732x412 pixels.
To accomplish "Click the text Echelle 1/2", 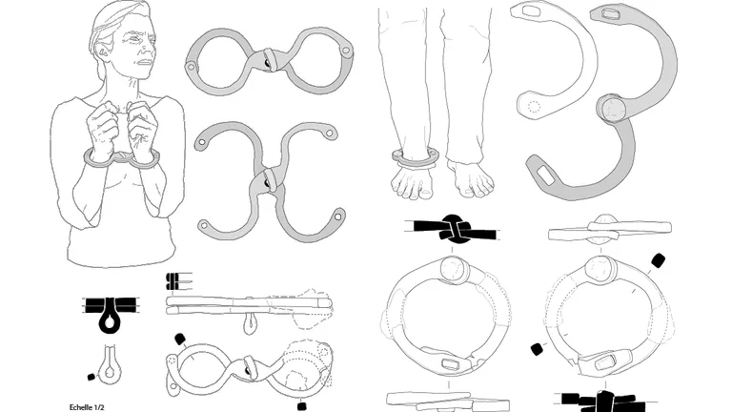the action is click(x=87, y=407).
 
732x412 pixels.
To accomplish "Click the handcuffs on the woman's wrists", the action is click(x=121, y=159).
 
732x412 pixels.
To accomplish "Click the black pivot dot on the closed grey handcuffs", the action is click(x=267, y=63).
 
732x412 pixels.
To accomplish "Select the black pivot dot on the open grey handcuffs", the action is click(x=268, y=183).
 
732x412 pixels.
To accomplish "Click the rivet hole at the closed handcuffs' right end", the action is click(x=346, y=50).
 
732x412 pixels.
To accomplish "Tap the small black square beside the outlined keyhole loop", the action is click(x=91, y=377).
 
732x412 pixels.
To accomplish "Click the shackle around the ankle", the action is click(x=415, y=157).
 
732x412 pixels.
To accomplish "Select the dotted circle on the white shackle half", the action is click(x=534, y=107).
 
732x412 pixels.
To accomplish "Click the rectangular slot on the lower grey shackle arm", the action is click(x=545, y=175).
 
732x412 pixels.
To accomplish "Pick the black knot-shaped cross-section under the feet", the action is click(x=452, y=230).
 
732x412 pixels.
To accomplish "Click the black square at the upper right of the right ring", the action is click(x=658, y=260).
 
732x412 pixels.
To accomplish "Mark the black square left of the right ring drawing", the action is click(x=539, y=348).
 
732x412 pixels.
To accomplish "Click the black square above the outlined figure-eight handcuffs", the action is click(x=180, y=340).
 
